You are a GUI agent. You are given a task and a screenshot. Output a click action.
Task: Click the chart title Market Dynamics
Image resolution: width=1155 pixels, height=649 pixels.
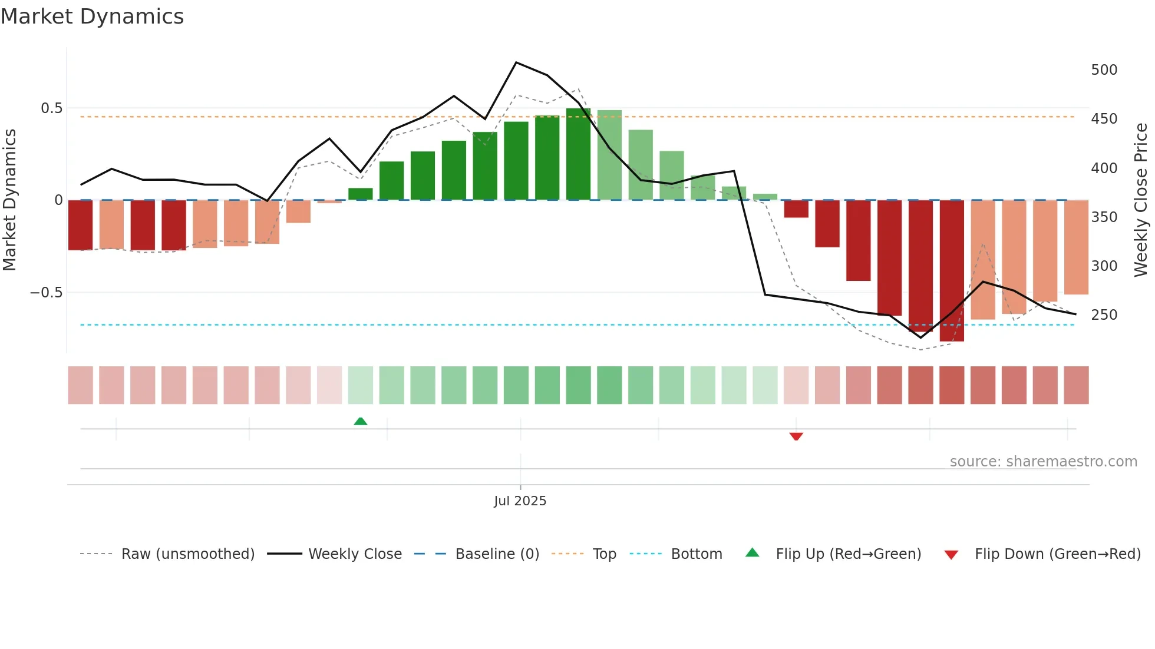(x=92, y=16)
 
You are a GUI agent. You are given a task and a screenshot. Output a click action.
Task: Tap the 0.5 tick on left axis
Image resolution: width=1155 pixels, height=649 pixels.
(x=51, y=108)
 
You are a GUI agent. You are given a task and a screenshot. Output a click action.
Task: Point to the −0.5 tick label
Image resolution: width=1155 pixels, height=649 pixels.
(x=47, y=293)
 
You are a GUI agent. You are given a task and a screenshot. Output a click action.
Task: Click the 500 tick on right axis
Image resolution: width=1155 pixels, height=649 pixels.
(x=1104, y=70)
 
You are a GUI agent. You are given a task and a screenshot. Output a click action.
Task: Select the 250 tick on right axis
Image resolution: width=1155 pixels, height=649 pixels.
(x=1104, y=315)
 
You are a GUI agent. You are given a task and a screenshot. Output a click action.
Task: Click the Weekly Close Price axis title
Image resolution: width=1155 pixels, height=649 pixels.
(x=1141, y=200)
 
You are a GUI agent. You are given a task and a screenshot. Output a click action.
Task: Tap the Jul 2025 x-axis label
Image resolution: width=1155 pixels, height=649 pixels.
(x=520, y=501)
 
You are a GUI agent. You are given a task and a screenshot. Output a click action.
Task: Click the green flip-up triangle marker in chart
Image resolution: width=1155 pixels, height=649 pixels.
(x=360, y=421)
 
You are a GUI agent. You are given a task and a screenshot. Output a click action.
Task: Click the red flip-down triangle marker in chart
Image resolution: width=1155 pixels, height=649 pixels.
(x=796, y=436)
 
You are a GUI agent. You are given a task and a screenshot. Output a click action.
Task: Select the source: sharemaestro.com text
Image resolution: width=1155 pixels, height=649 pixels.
(x=1043, y=462)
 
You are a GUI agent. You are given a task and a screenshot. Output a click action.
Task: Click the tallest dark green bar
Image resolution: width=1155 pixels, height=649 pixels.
(x=578, y=154)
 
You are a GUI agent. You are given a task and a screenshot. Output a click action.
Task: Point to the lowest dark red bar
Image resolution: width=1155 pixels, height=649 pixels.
(x=952, y=271)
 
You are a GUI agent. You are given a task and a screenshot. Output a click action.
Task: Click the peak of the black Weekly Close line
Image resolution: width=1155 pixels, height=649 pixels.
(x=516, y=62)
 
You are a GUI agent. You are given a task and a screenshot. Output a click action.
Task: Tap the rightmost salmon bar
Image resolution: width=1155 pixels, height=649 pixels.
(x=1076, y=247)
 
